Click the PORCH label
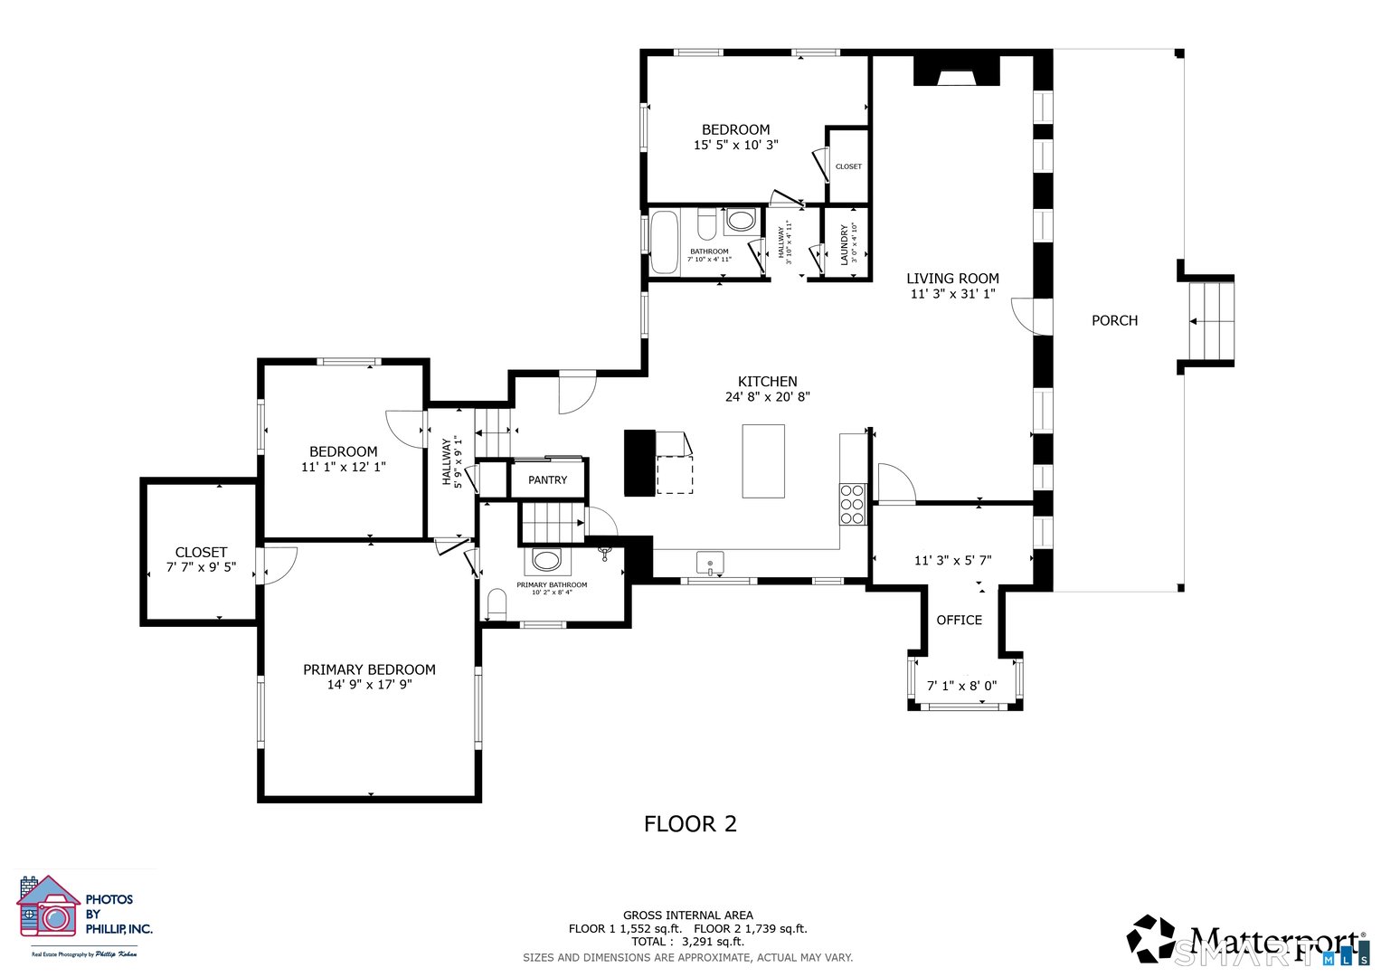click(1114, 320)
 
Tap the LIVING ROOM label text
click(952, 279)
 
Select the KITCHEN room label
click(767, 382)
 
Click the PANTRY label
click(548, 480)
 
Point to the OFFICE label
click(959, 620)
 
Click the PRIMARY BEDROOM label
click(369, 669)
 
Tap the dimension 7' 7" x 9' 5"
click(201, 567)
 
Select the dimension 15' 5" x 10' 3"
click(735, 145)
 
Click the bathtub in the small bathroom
click(665, 242)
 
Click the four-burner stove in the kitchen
click(852, 505)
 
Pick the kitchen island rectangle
click(763, 461)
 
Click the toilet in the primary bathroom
click(497, 602)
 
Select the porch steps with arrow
click(1210, 321)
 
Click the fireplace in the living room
click(956, 71)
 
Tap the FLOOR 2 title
click(690, 824)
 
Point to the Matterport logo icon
click(1150, 938)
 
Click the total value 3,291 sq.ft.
click(713, 941)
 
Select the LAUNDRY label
click(845, 245)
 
